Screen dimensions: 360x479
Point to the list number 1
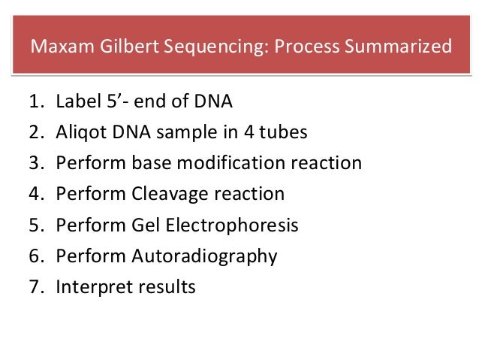pos(36,101)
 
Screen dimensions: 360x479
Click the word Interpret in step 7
pos(87,287)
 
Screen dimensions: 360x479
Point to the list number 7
pos(36,287)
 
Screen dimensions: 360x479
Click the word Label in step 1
pos(74,101)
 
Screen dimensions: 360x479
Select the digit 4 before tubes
pos(253,132)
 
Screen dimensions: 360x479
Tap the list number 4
pos(36,194)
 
